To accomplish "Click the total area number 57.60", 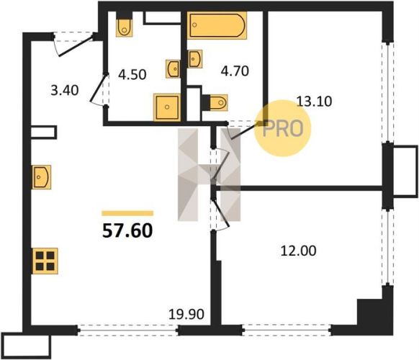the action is click(x=127, y=230).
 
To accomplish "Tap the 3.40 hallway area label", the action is click(x=65, y=90).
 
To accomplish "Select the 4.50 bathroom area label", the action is click(x=132, y=75).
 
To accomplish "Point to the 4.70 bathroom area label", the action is click(x=235, y=71).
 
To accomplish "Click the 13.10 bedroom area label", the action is click(x=314, y=102).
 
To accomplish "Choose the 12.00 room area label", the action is click(x=299, y=251).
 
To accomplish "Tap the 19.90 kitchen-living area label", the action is click(x=186, y=314).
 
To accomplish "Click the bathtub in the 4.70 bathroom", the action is click(x=217, y=25).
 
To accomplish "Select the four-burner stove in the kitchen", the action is click(x=45, y=261).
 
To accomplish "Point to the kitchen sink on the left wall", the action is click(x=42, y=177).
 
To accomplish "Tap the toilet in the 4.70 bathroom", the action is click(x=215, y=102).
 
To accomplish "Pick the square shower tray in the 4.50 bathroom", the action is click(x=167, y=107).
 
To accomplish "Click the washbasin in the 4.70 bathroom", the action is click(x=195, y=59).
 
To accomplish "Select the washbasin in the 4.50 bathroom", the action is click(x=173, y=68).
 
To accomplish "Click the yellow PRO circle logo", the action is click(x=283, y=128).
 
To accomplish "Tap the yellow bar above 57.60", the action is click(x=127, y=213).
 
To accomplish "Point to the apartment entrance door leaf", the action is click(x=76, y=45).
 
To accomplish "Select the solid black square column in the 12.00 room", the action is click(x=369, y=312).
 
